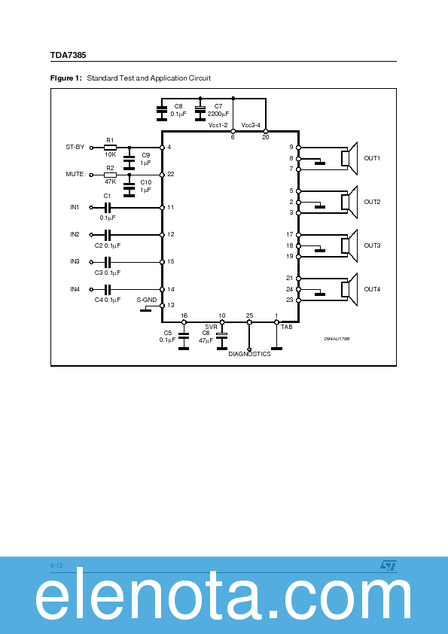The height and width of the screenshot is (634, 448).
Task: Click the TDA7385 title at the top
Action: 66,55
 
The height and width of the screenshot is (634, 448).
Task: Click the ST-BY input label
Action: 75,148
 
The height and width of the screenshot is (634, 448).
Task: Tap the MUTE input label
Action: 75,174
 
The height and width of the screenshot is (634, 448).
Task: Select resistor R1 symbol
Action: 110,148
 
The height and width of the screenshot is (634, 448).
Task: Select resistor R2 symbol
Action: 110,175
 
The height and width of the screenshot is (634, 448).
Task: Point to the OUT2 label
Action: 372,202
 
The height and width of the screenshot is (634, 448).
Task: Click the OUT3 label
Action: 372,245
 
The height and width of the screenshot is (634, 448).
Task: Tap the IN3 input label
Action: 75,261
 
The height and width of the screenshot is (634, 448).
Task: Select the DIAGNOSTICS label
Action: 249,354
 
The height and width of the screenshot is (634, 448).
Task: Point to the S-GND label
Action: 147,300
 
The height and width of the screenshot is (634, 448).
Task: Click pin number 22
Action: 171,174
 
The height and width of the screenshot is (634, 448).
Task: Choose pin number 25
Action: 249,315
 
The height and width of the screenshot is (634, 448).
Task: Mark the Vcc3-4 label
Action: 251,125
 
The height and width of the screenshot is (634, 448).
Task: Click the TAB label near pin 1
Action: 286,328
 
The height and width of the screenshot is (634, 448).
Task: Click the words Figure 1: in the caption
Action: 66,78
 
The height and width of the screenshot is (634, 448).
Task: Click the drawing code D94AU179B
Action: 337,340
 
